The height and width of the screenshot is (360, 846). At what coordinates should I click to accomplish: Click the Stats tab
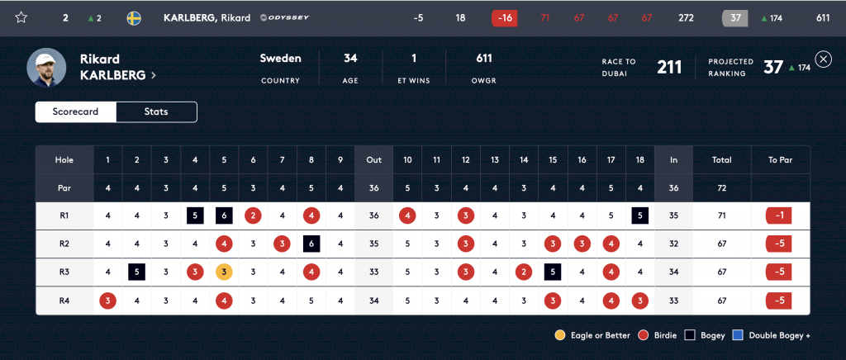point(156,111)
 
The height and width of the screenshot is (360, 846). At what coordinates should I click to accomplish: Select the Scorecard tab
point(76,111)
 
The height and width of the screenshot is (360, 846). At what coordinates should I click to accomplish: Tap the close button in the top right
point(823,59)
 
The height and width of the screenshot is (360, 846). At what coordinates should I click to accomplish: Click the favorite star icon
point(21,17)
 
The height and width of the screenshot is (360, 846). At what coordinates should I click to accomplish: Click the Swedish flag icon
point(134,17)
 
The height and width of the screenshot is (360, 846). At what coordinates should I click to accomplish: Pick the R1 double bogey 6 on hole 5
point(224,216)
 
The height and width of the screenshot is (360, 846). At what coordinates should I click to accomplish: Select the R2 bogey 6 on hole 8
point(311,244)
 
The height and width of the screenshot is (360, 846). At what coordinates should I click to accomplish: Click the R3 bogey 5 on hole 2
point(136,271)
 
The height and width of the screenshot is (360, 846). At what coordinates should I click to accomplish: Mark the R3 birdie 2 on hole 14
point(523,271)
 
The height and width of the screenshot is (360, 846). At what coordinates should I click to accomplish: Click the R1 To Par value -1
point(780,216)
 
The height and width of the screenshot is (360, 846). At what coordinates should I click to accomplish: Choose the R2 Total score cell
point(721,244)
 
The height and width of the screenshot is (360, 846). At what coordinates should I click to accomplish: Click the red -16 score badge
point(503,17)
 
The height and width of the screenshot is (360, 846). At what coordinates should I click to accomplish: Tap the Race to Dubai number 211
point(669,67)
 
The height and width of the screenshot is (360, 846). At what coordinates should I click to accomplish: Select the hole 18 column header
point(640,159)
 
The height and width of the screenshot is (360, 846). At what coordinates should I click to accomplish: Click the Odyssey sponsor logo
point(285,17)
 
